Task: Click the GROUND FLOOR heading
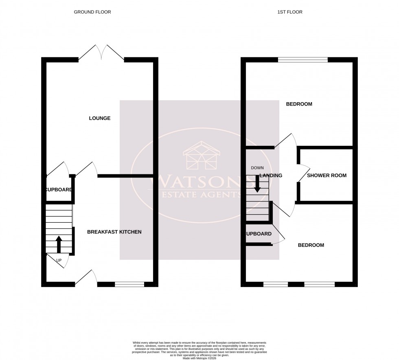tap(92, 12)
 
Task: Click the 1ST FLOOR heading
tap(290, 12)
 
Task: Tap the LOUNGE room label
tap(100, 119)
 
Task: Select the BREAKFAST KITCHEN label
tap(114, 232)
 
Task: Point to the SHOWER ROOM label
tap(327, 176)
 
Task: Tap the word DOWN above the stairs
tap(257, 168)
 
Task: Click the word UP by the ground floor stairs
tap(59, 260)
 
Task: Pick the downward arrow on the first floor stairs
tap(257, 184)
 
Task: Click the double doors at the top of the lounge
tap(101, 53)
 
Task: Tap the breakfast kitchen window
tap(129, 284)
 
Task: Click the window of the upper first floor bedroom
tap(303, 60)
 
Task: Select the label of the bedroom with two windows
tap(311, 245)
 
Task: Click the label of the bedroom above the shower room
tap(299, 104)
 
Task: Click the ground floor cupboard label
tap(59, 190)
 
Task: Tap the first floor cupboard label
tap(259, 234)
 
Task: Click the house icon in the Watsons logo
tap(202, 156)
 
